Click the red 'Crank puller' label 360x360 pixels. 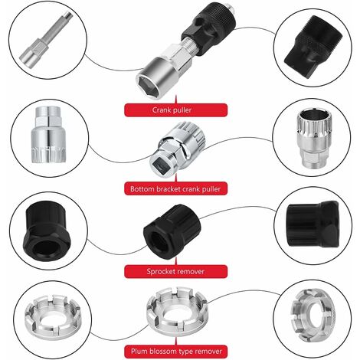pos(175,110)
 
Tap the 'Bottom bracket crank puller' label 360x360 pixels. pos(175,189)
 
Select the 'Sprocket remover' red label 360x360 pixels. pos(175,271)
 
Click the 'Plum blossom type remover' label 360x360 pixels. pos(175,352)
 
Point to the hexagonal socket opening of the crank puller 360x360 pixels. pos(148,84)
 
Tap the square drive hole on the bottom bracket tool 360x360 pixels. pos(159,164)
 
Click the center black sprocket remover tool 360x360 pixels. pos(172,232)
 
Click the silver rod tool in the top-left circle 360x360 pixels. pos(46,41)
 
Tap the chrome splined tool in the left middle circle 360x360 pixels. pos(49,135)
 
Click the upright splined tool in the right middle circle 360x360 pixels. pos(314,138)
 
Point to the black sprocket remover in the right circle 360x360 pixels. pos(313,224)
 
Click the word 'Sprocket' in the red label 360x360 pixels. pos(162,271)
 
